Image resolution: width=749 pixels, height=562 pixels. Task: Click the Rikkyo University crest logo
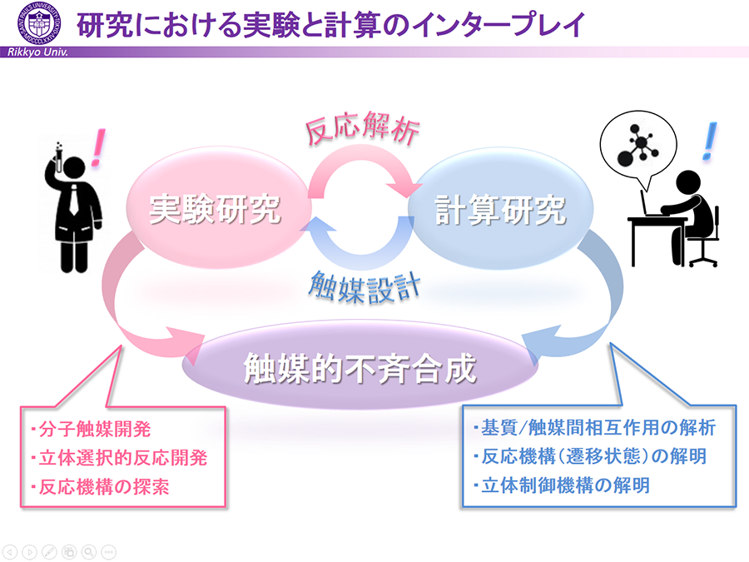[x=40, y=23]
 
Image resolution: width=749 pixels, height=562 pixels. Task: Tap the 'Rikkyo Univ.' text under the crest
[x=37, y=52]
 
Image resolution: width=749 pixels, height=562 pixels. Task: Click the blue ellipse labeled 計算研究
[x=500, y=209]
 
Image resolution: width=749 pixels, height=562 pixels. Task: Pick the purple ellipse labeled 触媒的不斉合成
[x=360, y=367]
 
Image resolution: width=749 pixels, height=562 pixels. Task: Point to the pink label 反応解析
[x=362, y=128]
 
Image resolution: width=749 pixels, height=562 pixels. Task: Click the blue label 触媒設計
[x=365, y=287]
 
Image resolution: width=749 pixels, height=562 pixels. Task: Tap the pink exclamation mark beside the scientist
[x=98, y=147]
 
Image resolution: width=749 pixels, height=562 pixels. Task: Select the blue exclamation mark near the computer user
[x=709, y=141]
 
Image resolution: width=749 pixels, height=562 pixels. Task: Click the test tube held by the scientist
[x=59, y=157]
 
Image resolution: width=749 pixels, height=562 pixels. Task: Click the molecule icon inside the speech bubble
[x=637, y=146]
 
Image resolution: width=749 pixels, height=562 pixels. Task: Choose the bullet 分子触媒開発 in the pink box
[x=91, y=429]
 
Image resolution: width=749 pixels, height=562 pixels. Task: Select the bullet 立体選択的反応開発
[x=119, y=457]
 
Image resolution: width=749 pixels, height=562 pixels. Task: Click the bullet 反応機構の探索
[x=100, y=486]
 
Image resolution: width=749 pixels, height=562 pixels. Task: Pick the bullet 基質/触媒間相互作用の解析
[x=594, y=427]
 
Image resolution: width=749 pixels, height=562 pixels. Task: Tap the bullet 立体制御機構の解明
[x=561, y=485]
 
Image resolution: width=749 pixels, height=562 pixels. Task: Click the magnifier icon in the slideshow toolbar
[x=89, y=551]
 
